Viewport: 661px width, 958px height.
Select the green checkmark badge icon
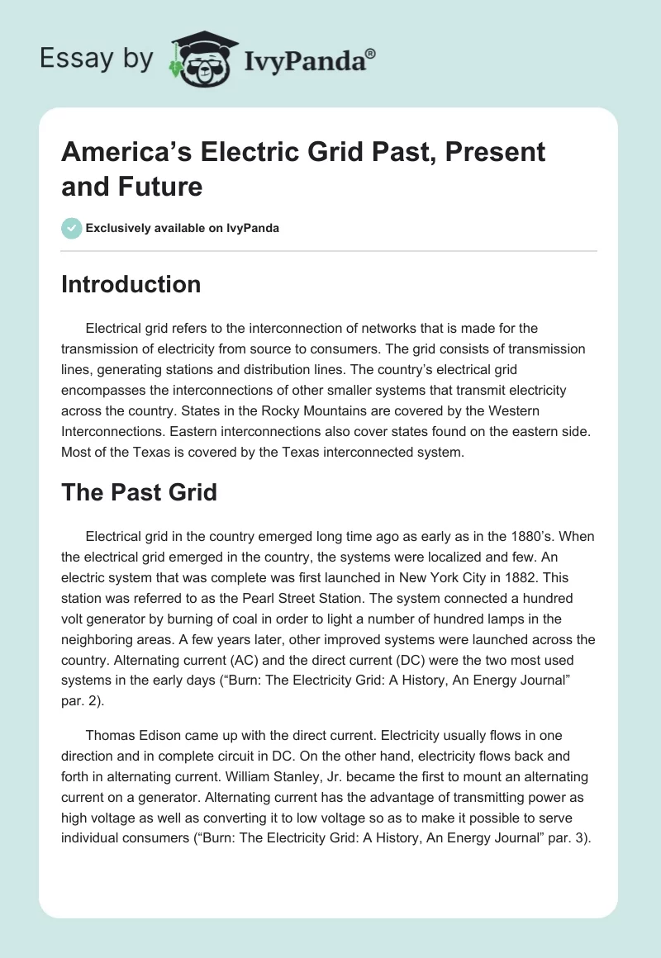coord(72,228)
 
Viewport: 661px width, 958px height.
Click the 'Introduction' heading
coord(131,284)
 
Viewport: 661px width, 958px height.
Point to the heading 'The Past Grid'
coord(140,493)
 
